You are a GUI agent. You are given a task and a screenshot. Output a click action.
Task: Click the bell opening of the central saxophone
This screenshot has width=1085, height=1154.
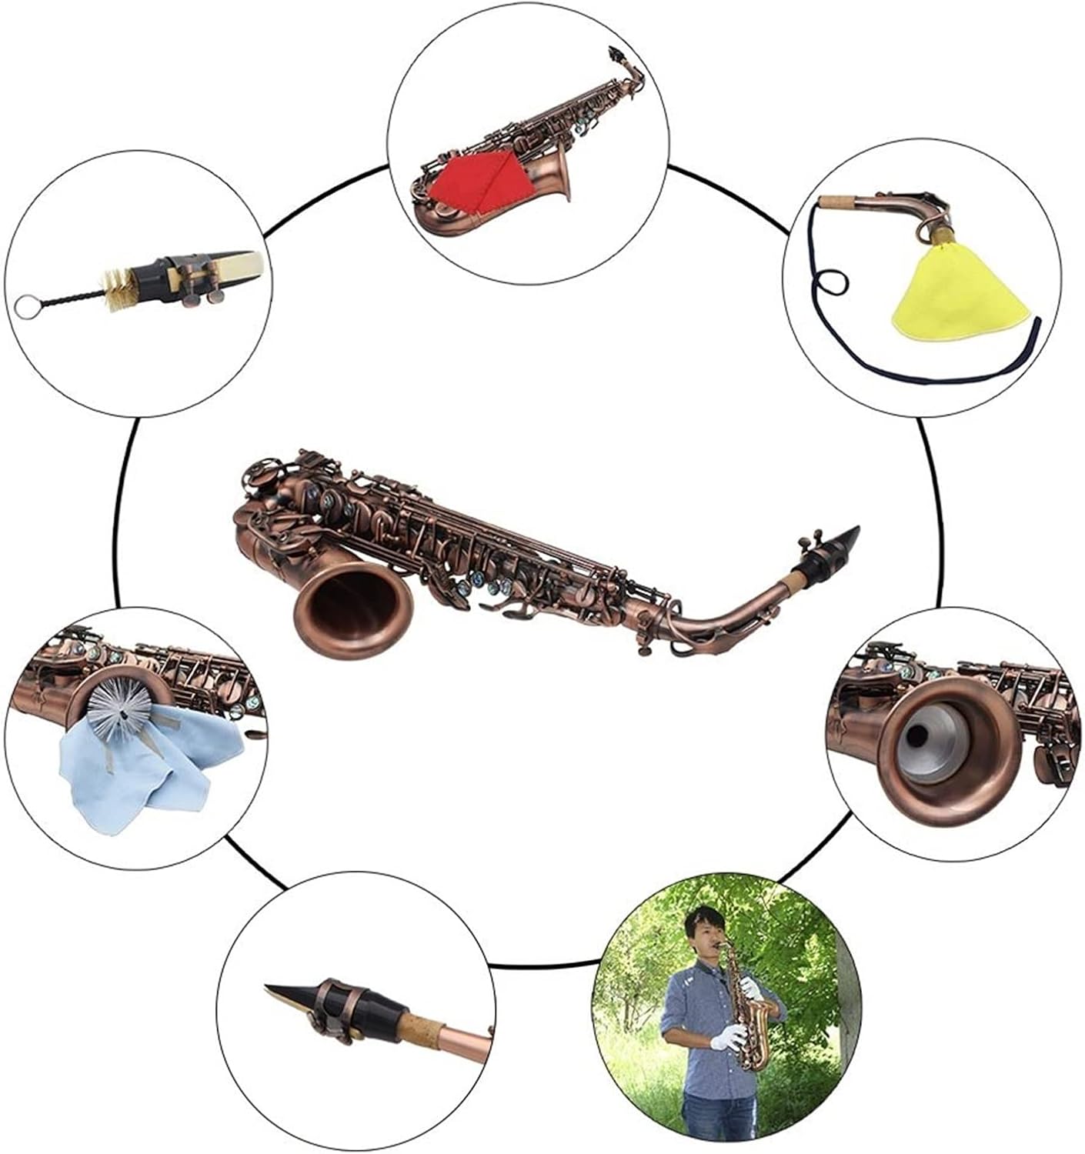(355, 604)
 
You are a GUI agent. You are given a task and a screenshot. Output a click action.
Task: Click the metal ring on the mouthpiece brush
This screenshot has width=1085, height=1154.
(25, 307)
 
